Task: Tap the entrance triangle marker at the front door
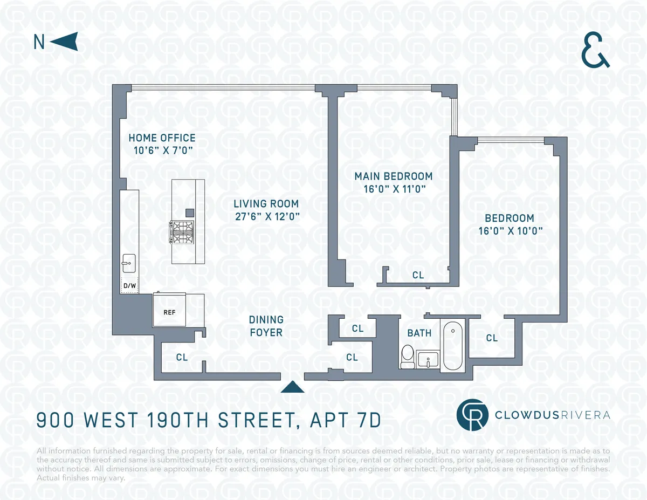(293, 387)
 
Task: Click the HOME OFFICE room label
(162, 138)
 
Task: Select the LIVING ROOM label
(266, 204)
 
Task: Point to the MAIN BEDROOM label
(393, 176)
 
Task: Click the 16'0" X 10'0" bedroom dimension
(510, 231)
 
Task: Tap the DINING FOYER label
(266, 326)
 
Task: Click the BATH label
(419, 333)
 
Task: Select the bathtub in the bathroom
(452, 345)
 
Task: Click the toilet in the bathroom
(408, 357)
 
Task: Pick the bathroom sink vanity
(428, 359)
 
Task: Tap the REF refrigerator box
(169, 312)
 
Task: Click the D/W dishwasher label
(129, 285)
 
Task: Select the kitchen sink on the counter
(128, 264)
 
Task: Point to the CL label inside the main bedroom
(418, 275)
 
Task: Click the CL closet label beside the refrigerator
(182, 357)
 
